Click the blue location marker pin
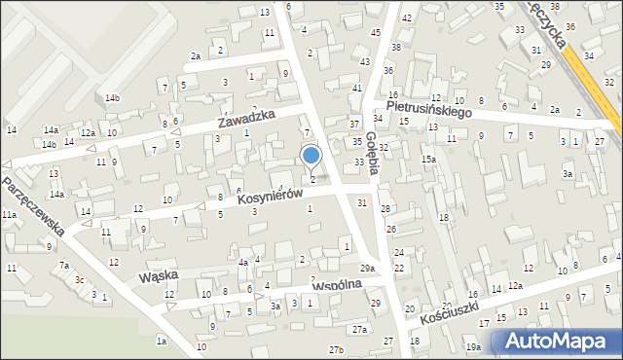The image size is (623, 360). point(311,156)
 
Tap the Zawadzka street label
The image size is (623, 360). point(246,121)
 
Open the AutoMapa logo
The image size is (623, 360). point(558,342)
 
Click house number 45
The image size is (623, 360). point(376,32)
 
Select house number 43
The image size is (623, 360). point(364,61)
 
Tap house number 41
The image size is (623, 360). point(356,88)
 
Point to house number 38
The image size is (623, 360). point(395,47)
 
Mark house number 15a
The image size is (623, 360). point(427,159)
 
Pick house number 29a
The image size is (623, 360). point(367,268)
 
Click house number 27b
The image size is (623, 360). point(336,349)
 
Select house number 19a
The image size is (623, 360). point(473,347)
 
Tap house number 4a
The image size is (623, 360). point(243,262)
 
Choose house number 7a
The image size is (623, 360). point(64,265)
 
